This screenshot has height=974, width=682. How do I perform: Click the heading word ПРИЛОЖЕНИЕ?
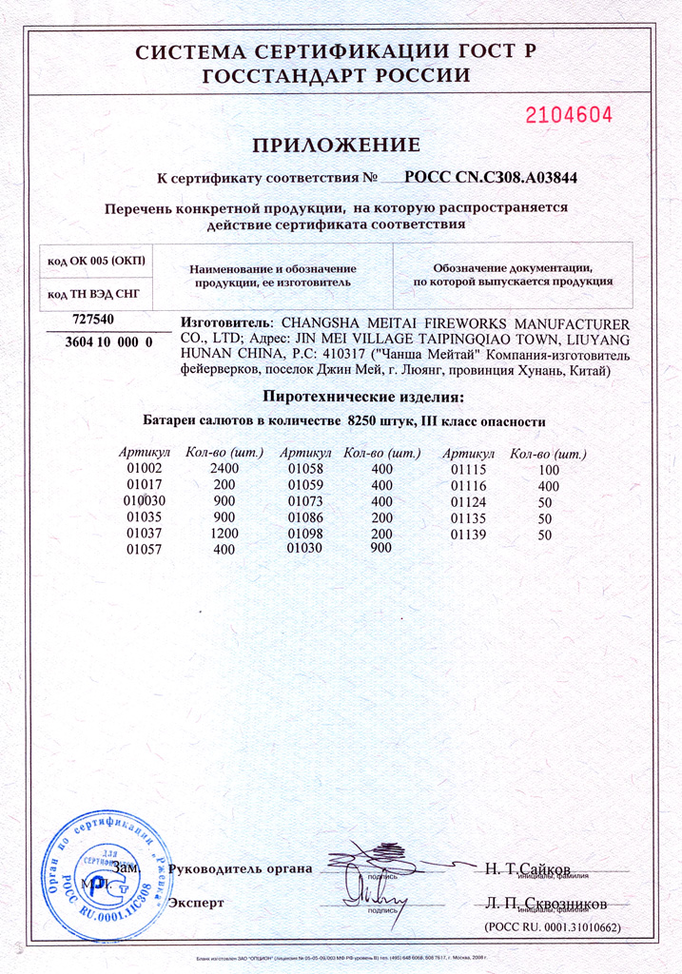coord(336,146)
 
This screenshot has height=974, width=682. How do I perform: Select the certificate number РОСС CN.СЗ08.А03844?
coord(491,177)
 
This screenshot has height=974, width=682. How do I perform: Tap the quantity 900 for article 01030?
coord(380,549)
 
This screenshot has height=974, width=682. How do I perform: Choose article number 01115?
coord(467,470)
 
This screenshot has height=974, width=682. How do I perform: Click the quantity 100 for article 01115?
coord(548,470)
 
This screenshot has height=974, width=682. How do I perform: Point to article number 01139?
coord(467,535)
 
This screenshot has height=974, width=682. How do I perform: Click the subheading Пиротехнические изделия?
coord(363,397)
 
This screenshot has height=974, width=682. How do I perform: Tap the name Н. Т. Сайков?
coord(527,868)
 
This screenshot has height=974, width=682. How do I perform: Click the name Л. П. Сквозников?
coord(545,903)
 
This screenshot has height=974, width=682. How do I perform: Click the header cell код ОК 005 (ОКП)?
coord(94,260)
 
